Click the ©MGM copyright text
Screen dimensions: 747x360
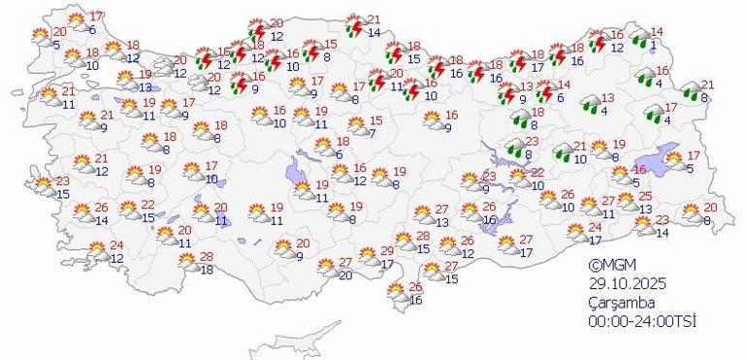tap(609, 265)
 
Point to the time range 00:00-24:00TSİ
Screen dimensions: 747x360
tap(643, 321)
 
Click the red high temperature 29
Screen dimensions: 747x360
tap(388, 251)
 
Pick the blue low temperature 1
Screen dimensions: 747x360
tap(655, 45)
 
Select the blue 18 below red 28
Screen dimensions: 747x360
tap(206, 269)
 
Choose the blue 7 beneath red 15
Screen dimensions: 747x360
tap(372, 132)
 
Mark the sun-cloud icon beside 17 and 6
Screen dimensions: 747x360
tap(76, 21)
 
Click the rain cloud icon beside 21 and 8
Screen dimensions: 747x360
tap(689, 91)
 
